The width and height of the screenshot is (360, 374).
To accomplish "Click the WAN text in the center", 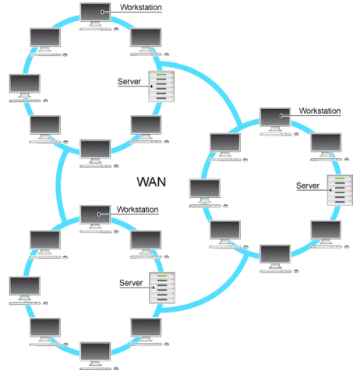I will [153, 182].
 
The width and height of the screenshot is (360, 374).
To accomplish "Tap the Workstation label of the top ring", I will [142, 8].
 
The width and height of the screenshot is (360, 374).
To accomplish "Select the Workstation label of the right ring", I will [319, 111].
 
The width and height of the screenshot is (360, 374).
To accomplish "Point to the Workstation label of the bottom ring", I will [138, 210].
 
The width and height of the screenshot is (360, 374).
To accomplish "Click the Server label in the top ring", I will [129, 81].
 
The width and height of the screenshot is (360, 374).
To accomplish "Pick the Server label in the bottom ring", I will [131, 281].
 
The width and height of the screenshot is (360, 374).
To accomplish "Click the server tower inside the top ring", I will [159, 92].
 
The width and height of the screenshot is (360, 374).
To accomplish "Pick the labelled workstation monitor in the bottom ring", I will [96, 217].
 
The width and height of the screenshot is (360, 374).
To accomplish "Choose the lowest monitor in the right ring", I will [275, 256].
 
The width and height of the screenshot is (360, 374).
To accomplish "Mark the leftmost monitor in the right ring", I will [205, 189].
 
